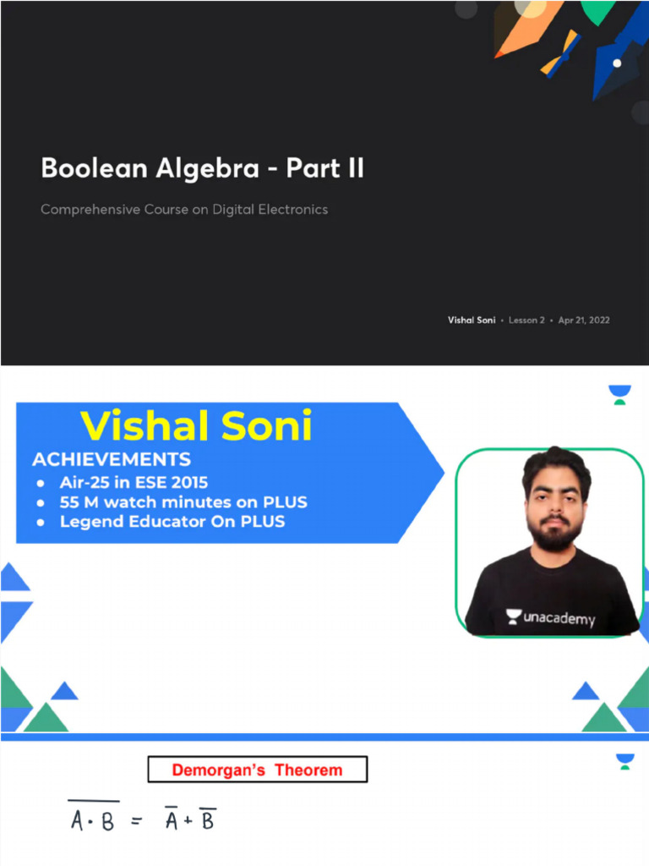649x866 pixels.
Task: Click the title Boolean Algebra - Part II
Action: (x=202, y=168)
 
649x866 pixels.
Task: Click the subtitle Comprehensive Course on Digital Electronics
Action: (x=184, y=209)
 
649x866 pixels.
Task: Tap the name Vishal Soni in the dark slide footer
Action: (x=472, y=321)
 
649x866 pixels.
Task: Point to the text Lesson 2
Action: (x=526, y=321)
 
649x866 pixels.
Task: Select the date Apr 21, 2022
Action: (x=584, y=321)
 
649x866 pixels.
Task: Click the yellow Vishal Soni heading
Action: (x=196, y=426)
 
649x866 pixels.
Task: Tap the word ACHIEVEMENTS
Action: (x=111, y=460)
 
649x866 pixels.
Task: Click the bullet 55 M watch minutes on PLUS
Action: (x=183, y=502)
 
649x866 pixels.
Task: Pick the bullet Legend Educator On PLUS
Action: (x=172, y=522)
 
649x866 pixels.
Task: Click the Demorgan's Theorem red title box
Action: (x=258, y=770)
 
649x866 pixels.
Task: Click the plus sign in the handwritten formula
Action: (x=190, y=820)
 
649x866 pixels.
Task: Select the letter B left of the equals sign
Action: (x=107, y=822)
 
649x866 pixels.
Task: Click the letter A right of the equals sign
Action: (x=172, y=820)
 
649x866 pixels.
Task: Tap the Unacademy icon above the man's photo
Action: (x=620, y=395)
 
